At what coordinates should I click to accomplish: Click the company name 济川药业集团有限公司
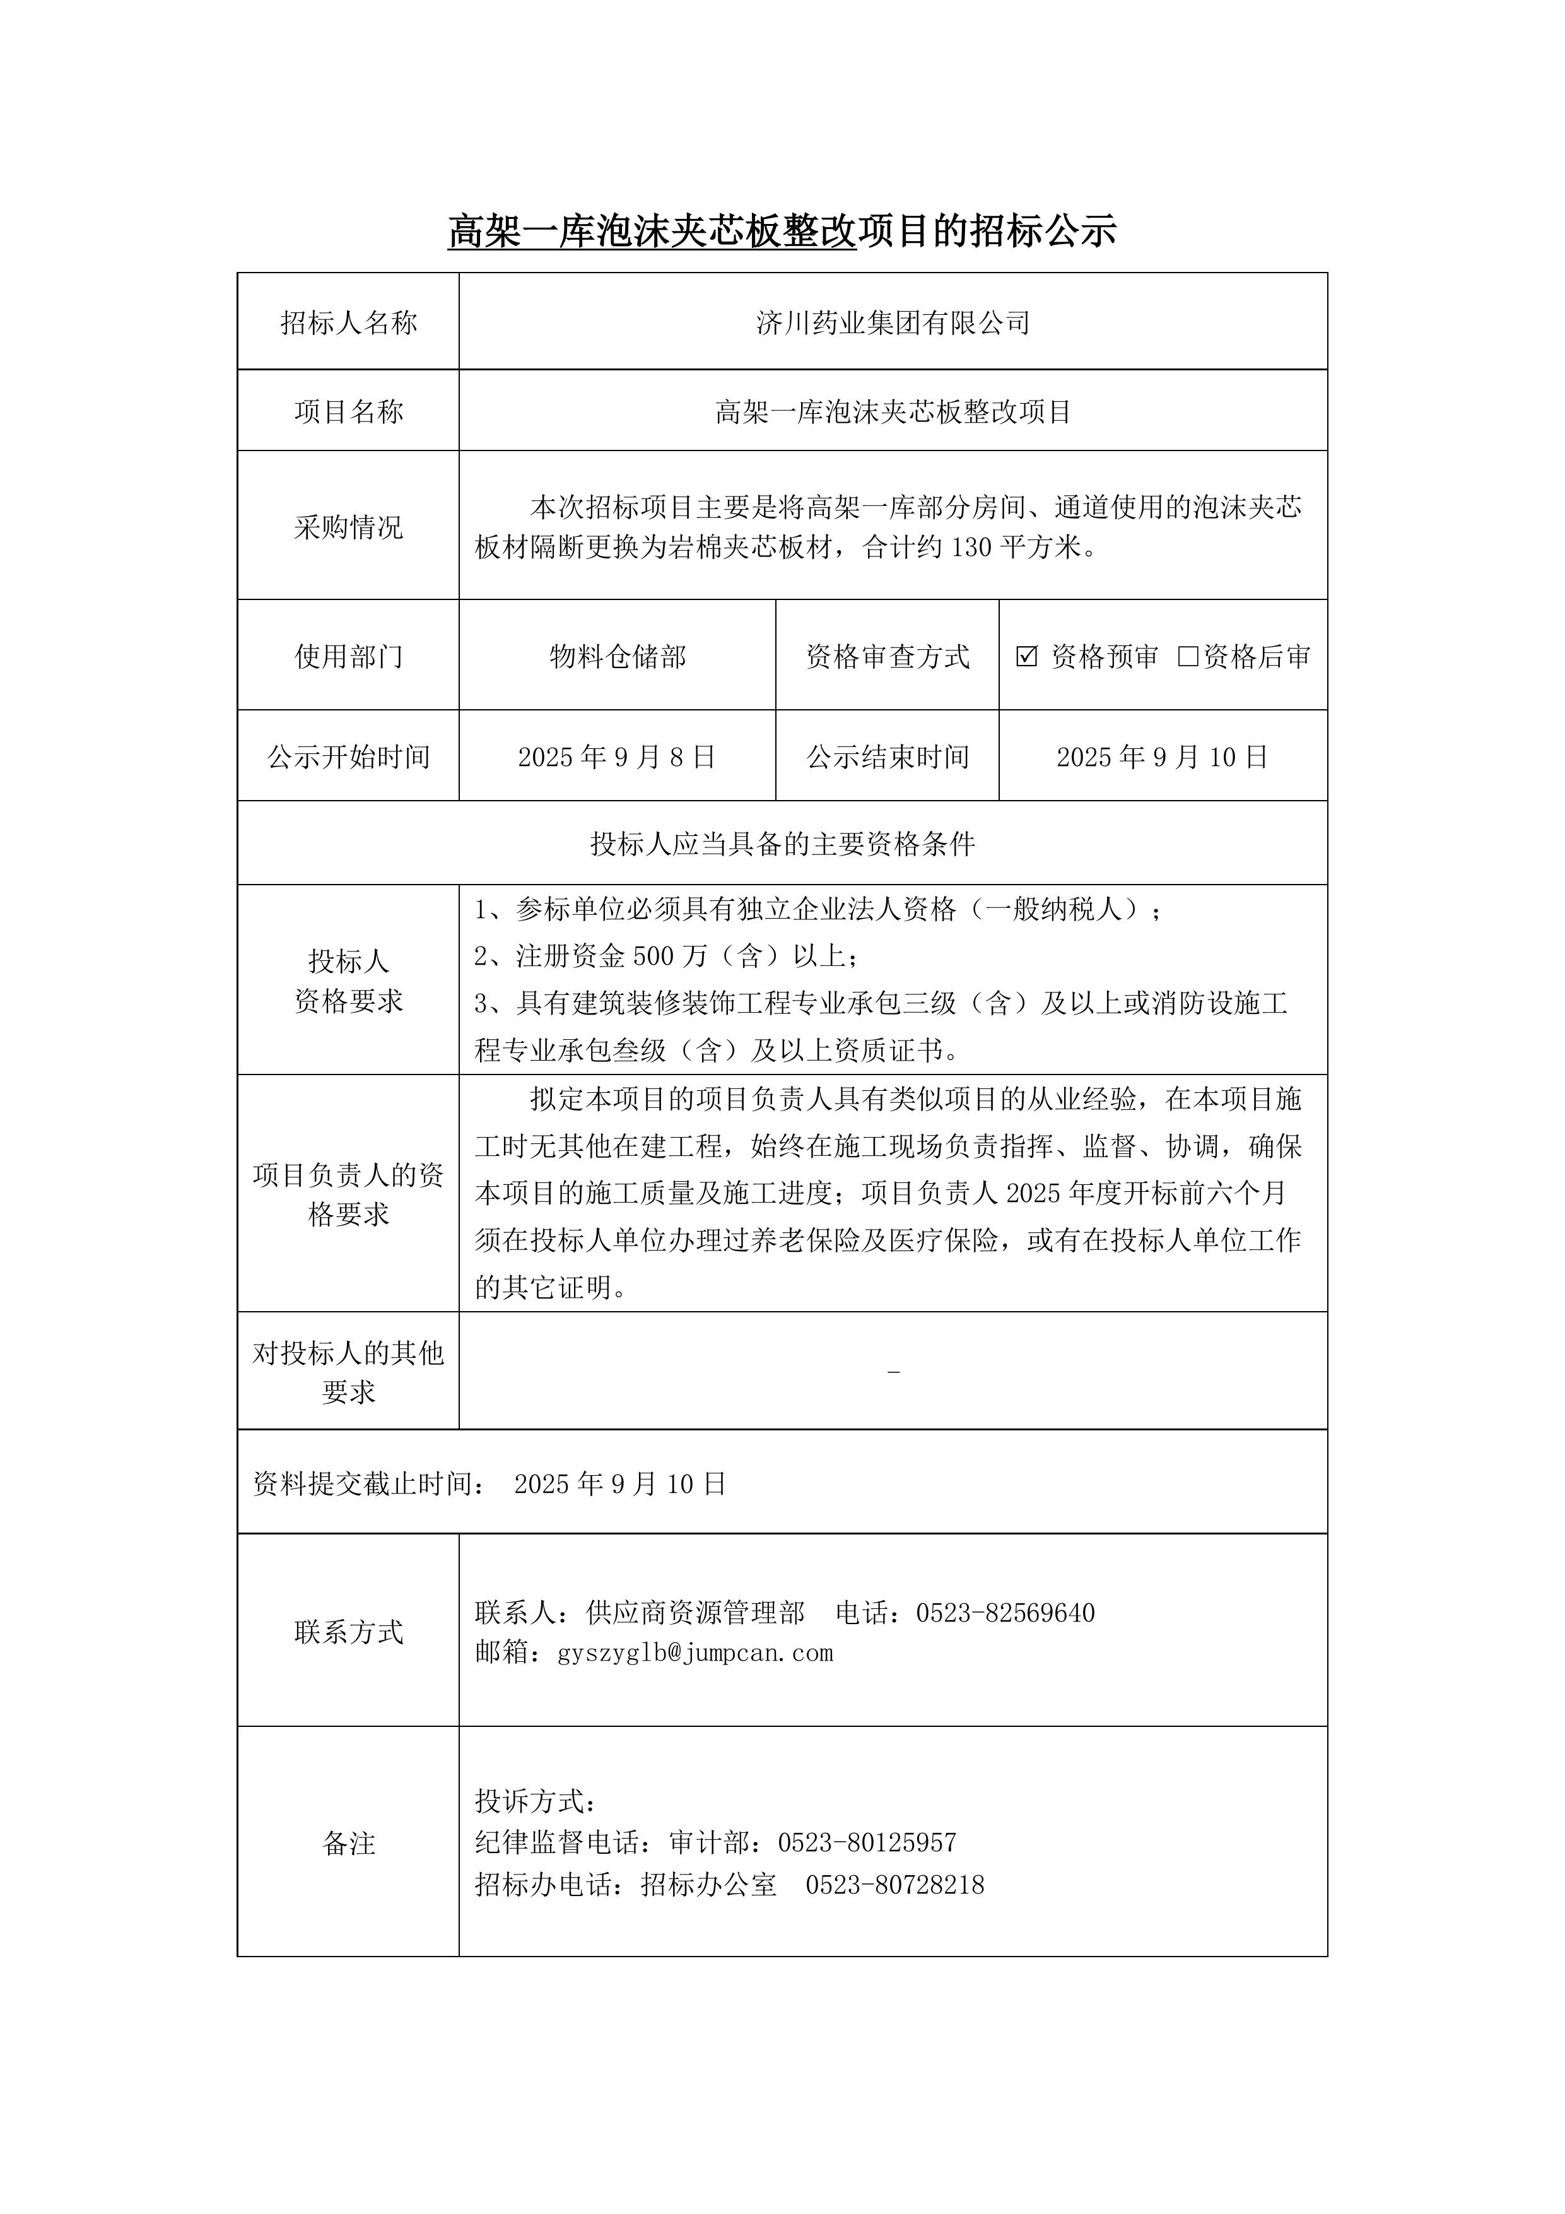[x=893, y=323]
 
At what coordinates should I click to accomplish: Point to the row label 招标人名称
[x=348, y=323]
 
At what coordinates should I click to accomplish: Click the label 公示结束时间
[x=887, y=757]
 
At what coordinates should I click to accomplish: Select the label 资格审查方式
[x=887, y=657]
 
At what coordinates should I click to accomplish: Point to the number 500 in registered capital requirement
[x=654, y=957]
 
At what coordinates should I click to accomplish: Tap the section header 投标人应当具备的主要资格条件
[x=782, y=845]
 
